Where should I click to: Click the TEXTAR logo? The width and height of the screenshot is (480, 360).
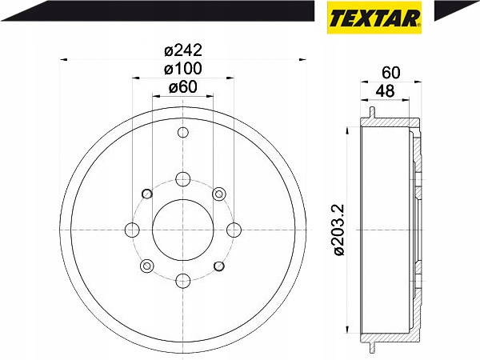[x=374, y=18]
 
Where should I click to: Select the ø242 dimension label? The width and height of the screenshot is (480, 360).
[x=183, y=50]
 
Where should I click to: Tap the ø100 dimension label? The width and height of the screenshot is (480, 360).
[x=183, y=69]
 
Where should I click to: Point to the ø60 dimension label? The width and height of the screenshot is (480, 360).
[x=183, y=87]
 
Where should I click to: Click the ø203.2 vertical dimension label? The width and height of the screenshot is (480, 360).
[x=339, y=230]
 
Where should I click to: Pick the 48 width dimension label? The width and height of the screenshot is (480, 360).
[x=385, y=91]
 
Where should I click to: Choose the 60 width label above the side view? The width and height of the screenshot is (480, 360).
[x=391, y=73]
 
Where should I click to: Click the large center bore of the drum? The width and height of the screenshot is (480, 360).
[x=182, y=230]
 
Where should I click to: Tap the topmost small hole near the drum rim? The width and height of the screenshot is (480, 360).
[x=182, y=133]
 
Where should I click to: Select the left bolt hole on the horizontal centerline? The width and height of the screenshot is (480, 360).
[x=132, y=230]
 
